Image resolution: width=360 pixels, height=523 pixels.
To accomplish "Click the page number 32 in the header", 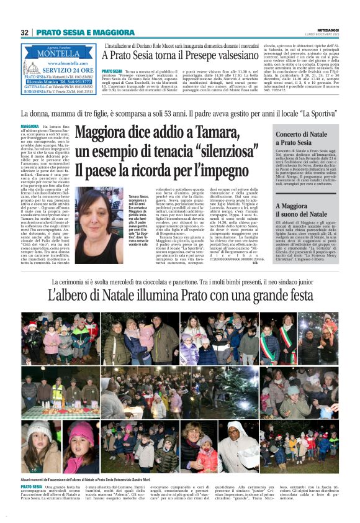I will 25,32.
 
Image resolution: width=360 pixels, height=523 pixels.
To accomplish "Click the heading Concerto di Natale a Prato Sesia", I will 302,139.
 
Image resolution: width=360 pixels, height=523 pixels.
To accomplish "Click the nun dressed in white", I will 236,443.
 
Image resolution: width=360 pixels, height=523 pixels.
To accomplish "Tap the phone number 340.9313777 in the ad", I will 79,81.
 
